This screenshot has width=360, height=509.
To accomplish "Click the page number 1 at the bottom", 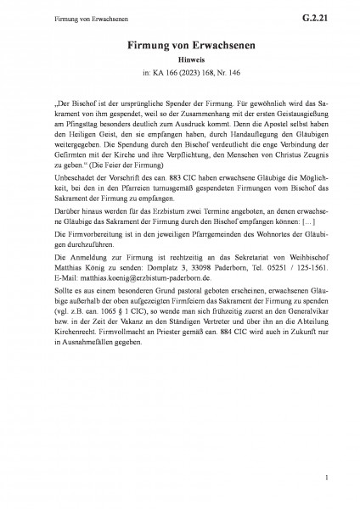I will (313, 480).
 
